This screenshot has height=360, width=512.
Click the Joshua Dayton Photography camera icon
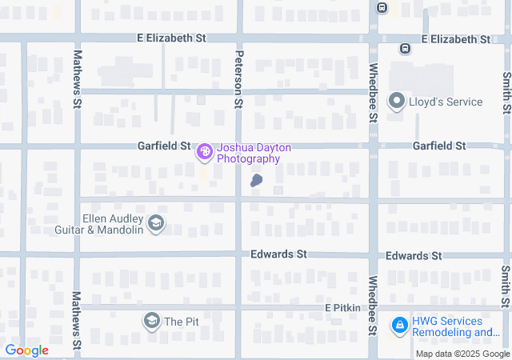(x=205, y=150)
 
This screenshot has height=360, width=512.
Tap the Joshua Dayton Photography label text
(x=249, y=154)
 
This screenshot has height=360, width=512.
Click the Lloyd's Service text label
(x=446, y=102)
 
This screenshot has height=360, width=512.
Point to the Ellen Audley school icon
(x=156, y=223)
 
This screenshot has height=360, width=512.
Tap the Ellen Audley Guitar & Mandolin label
(x=112, y=224)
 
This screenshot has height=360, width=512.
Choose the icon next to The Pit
(x=150, y=322)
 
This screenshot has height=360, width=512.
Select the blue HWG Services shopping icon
(x=398, y=326)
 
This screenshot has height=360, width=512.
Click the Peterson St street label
(x=238, y=79)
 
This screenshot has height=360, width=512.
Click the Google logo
(x=26, y=350)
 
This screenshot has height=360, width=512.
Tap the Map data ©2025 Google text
(x=462, y=354)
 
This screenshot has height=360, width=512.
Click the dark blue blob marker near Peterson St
(x=256, y=181)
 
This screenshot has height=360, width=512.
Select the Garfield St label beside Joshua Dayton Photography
(x=163, y=146)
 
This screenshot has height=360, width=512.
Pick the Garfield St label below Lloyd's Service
(x=438, y=146)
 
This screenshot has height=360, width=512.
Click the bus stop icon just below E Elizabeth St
(x=406, y=48)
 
